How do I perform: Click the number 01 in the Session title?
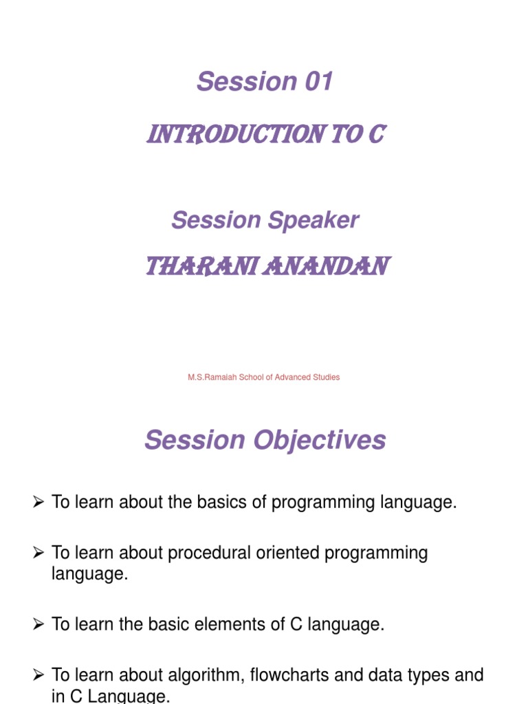point(319,81)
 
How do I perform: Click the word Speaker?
point(313,220)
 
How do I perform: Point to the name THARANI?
point(201,266)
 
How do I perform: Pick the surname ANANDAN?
point(327,266)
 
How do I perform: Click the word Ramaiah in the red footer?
point(221,377)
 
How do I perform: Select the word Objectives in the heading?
point(320,440)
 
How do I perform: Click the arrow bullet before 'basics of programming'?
point(38,501)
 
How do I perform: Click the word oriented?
point(288,553)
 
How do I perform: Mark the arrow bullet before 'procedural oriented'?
point(38,553)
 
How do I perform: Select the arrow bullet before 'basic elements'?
point(38,624)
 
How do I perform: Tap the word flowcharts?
point(289,675)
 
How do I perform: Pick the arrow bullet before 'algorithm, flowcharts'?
point(38,675)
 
